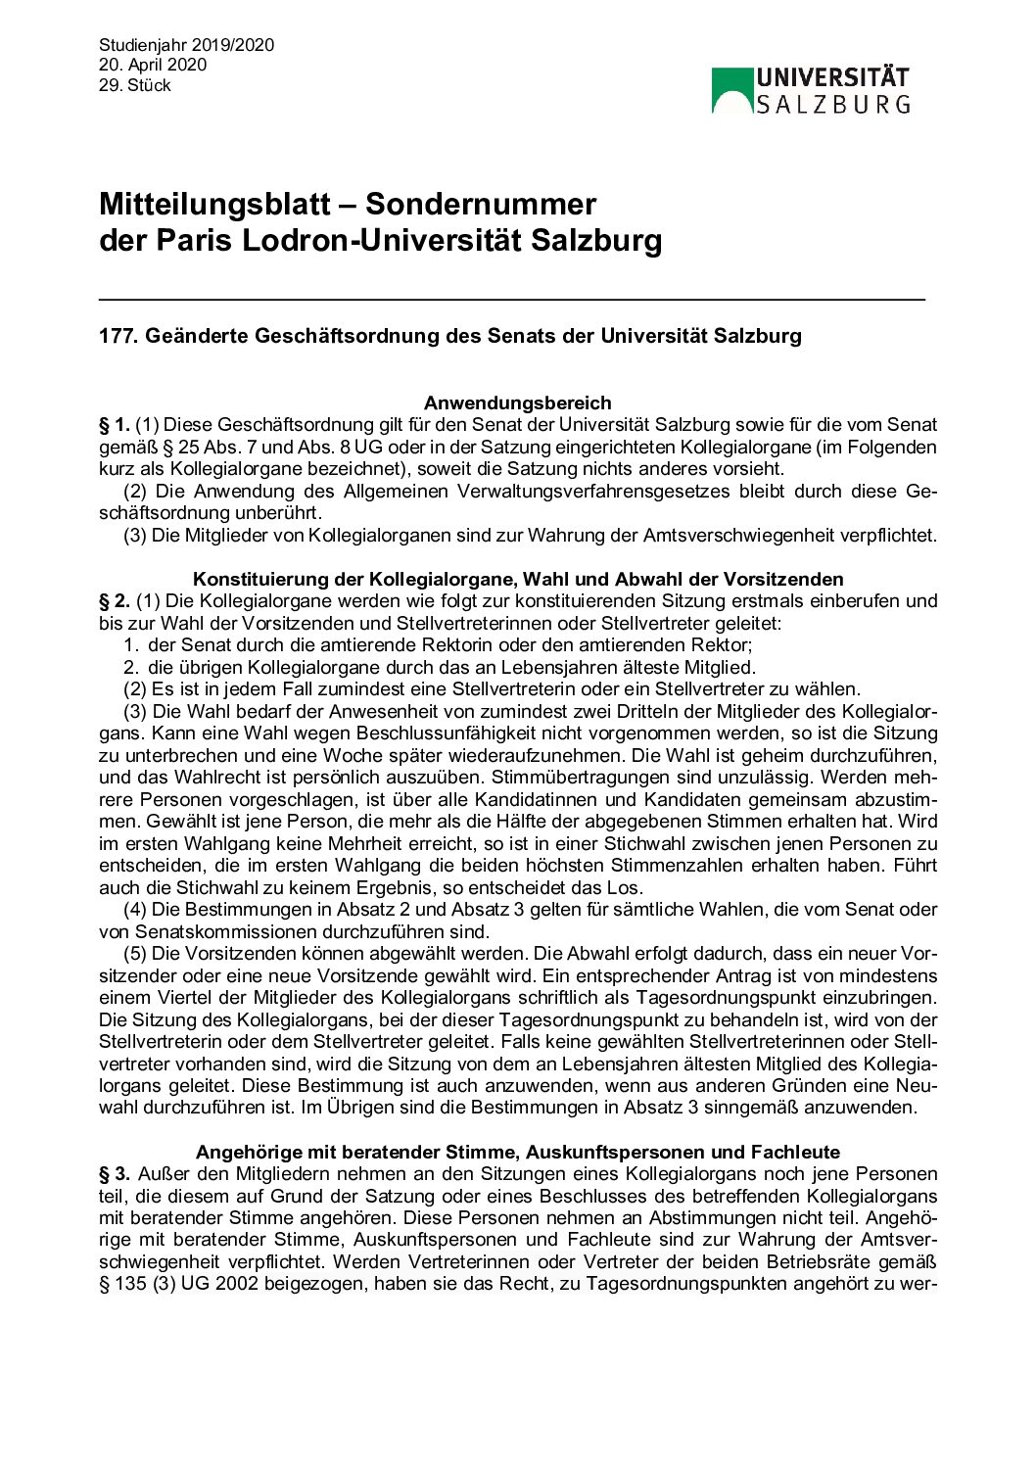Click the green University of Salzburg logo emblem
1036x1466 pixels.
point(731,90)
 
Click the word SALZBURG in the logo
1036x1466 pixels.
point(832,104)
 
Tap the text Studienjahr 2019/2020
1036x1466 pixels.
point(186,45)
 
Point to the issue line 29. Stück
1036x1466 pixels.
point(134,85)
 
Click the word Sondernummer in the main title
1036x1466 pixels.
point(480,204)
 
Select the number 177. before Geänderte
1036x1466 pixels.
point(118,336)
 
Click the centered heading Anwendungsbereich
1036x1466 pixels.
point(517,402)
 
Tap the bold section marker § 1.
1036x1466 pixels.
point(114,425)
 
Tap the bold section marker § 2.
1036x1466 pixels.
point(114,601)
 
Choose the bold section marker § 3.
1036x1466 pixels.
point(114,1174)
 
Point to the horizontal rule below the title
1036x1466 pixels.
point(511,298)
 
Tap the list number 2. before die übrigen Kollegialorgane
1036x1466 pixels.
point(131,668)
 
